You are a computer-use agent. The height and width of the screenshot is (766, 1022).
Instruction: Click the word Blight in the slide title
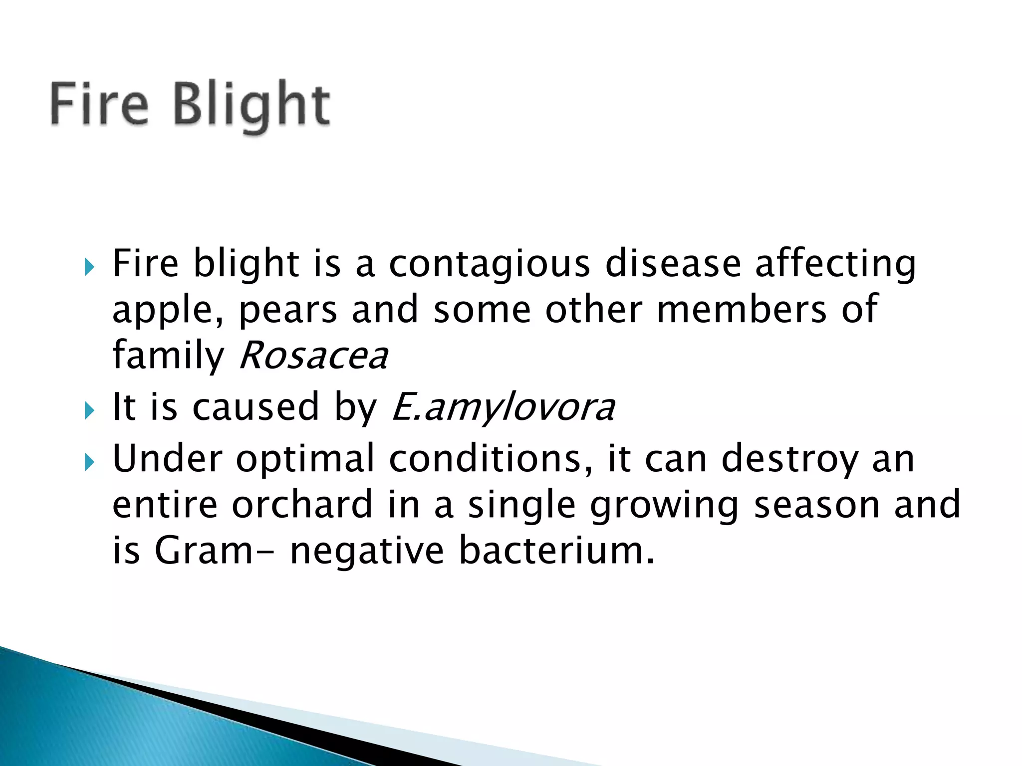coord(252,105)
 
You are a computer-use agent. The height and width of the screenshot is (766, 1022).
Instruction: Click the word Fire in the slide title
coord(99,105)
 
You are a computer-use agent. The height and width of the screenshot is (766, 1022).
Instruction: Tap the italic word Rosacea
coord(313,356)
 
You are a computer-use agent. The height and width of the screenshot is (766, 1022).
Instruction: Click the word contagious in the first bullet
coord(490,264)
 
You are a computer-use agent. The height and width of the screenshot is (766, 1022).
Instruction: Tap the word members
coord(742,309)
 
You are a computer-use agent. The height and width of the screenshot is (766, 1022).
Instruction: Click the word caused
coord(255,406)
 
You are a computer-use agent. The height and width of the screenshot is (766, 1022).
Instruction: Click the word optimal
coord(305,459)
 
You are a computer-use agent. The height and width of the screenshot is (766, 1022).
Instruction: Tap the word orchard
coord(302,504)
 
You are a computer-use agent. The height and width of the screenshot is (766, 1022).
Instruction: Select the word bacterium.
coord(556,550)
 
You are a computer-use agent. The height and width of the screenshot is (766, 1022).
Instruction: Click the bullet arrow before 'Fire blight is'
coord(89,267)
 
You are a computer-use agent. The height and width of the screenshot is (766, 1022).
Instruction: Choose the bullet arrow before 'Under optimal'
coord(89,462)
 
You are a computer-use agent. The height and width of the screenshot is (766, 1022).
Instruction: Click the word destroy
coord(789,459)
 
